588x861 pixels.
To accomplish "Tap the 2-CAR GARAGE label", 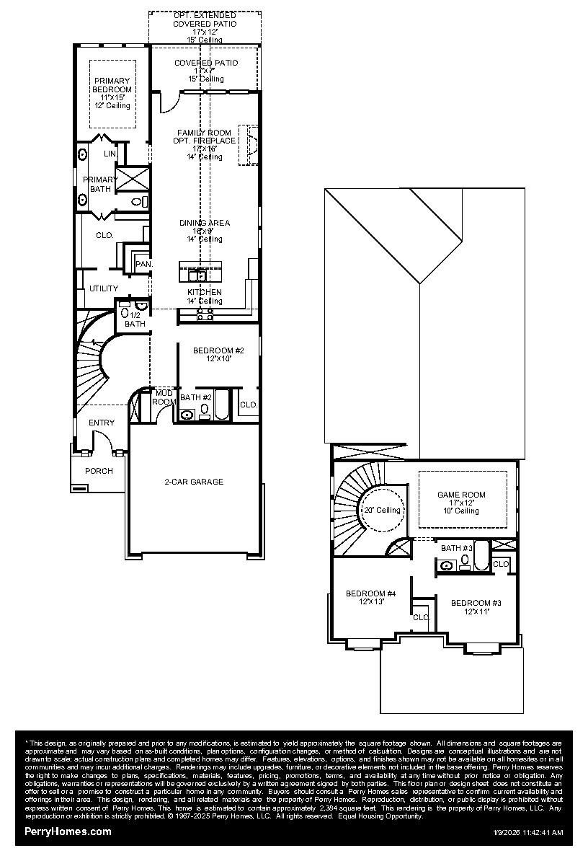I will pyautogui.click(x=194, y=482).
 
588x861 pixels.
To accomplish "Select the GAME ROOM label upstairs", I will pyautogui.click(x=461, y=495).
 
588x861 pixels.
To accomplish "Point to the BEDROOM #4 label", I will pyautogui.click(x=370, y=594).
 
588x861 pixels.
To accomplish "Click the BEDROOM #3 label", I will pyautogui.click(x=476, y=603).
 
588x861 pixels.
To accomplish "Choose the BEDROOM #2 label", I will pyautogui.click(x=218, y=350).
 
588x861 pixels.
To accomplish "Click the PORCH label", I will pyautogui.click(x=99, y=471).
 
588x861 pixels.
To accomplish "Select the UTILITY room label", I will pyautogui.click(x=104, y=288).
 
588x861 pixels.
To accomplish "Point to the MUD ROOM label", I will pyautogui.click(x=164, y=397).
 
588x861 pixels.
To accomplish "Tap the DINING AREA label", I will pyautogui.click(x=205, y=224).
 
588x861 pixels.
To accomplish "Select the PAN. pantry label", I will pyautogui.click(x=144, y=265).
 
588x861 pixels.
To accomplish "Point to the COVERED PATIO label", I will pyautogui.click(x=205, y=63).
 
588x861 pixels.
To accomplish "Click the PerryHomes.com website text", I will pyautogui.click(x=68, y=831).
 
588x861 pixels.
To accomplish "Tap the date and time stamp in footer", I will pyautogui.click(x=527, y=832).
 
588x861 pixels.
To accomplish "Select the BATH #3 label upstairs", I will pyautogui.click(x=456, y=548).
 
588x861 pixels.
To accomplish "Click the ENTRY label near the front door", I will pyautogui.click(x=101, y=423).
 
